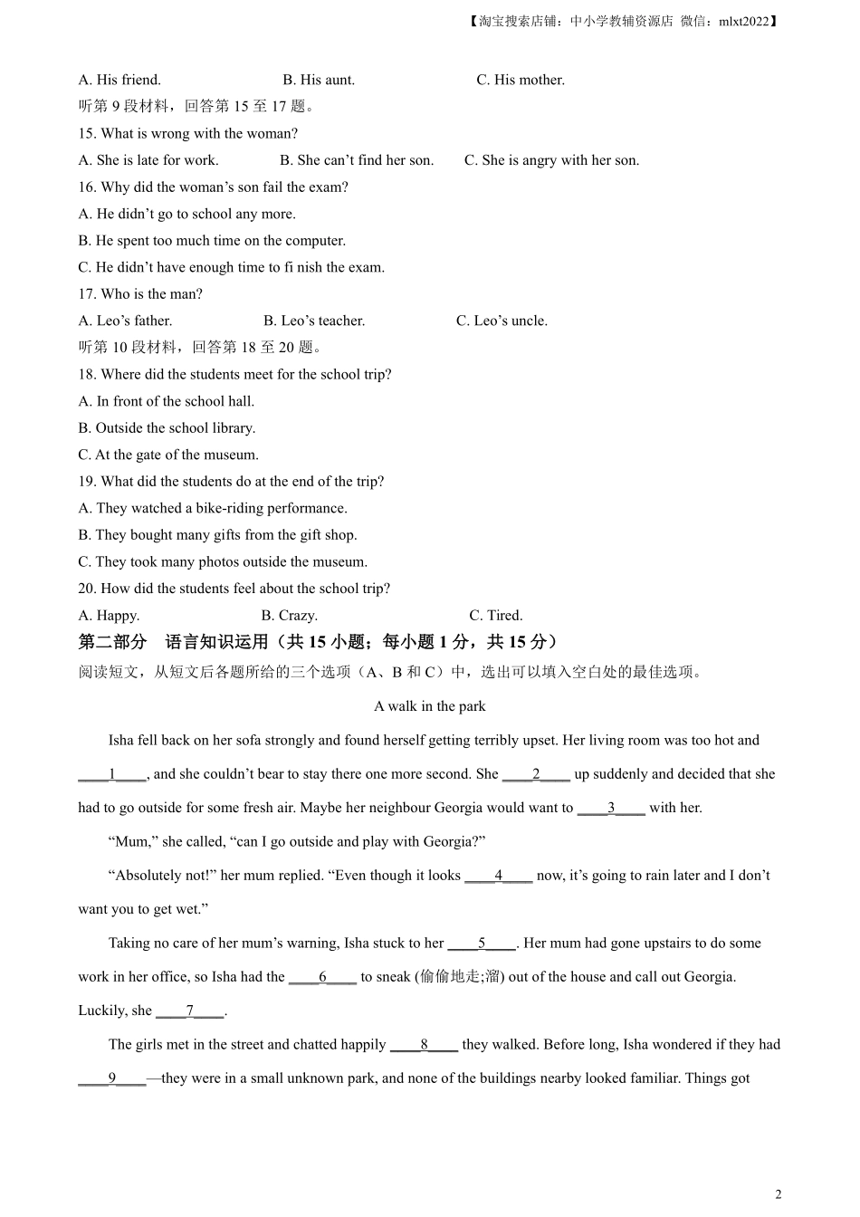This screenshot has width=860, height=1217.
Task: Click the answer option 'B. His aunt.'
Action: pos(319,80)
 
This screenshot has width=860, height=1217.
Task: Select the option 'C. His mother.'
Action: pos(521,80)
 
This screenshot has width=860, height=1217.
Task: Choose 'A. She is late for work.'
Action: pos(148,160)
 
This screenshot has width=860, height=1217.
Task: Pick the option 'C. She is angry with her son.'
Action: pos(551,160)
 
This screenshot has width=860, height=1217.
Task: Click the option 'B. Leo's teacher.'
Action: pos(314,321)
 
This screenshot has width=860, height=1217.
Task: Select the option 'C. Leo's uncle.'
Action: pos(502,321)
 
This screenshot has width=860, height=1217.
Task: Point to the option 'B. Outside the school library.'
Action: pos(167,427)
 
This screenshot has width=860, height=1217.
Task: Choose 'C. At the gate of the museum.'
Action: pos(168,455)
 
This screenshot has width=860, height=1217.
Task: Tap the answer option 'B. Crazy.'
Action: pos(290,615)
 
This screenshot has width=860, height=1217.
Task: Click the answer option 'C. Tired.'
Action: pos(496,615)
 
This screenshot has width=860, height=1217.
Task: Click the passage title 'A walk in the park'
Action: pos(430,706)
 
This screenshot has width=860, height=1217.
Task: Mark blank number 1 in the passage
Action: pos(112,774)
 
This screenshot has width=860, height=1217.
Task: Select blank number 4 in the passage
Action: pos(499,876)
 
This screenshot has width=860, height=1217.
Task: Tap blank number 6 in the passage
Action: pos(322,977)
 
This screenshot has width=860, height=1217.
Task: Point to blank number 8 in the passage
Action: pos(424,1045)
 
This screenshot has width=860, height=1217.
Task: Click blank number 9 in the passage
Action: pos(112,1078)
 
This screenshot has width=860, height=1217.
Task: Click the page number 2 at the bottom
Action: pos(779,1194)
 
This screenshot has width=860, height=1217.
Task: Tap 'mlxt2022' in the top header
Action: pos(743,21)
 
